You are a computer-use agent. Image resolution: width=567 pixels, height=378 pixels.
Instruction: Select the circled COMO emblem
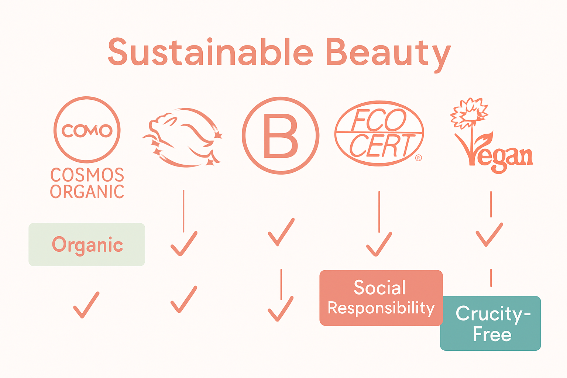[87, 130]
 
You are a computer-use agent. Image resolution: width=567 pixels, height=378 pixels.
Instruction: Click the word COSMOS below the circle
[87, 175]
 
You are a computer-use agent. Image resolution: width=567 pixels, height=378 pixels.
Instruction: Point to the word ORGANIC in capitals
[87, 192]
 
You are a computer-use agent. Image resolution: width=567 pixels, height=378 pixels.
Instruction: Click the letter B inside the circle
[281, 135]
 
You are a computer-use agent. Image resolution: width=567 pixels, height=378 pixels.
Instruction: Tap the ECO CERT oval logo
[379, 133]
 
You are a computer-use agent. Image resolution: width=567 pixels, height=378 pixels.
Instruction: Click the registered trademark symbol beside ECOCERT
[418, 158]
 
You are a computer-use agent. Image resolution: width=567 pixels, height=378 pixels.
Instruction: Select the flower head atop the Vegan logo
[469, 111]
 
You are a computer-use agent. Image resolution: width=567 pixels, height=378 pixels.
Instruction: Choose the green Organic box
[87, 244]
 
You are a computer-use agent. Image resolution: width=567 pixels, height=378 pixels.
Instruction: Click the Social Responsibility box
[381, 298]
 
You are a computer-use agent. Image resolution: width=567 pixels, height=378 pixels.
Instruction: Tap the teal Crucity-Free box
[490, 323]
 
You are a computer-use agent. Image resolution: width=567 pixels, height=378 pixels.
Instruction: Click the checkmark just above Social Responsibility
[379, 244]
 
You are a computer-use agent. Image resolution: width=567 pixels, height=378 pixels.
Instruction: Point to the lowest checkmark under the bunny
[184, 299]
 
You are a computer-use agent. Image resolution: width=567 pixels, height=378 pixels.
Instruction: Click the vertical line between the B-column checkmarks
[281, 284]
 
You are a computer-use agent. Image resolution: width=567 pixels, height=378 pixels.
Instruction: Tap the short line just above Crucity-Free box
[491, 278]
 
